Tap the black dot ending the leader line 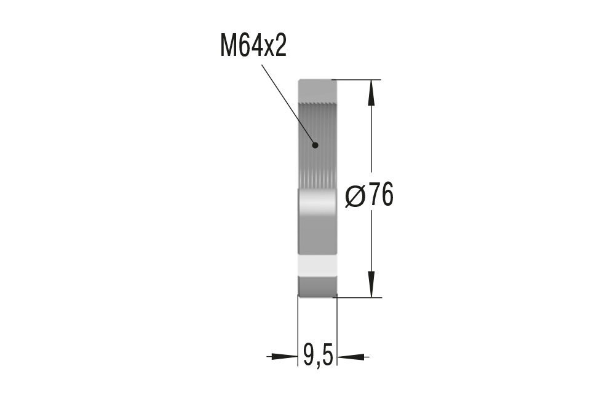(315, 146)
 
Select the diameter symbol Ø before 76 (356, 197)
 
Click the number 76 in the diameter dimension (381, 197)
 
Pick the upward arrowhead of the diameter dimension (371, 92)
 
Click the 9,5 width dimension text (318, 355)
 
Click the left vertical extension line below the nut (298, 332)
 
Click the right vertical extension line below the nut (338, 332)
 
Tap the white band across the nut (317, 265)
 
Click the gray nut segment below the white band (317, 286)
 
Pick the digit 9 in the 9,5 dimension (309, 355)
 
